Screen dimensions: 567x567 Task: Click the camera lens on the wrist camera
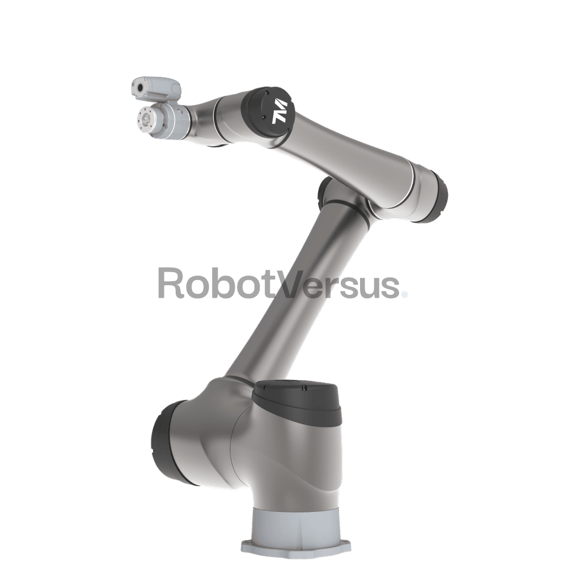coord(139,87)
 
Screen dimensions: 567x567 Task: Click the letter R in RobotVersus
coord(170,283)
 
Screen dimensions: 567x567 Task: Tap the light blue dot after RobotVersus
coord(405,295)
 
